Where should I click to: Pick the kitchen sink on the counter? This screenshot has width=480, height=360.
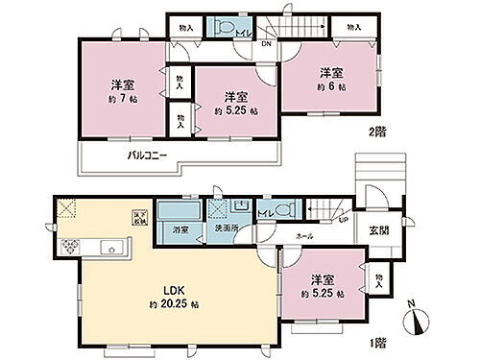point(113,250)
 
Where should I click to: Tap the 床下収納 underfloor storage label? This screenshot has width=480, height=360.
point(136,218)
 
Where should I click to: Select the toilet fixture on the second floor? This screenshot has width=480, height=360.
point(227,26)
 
